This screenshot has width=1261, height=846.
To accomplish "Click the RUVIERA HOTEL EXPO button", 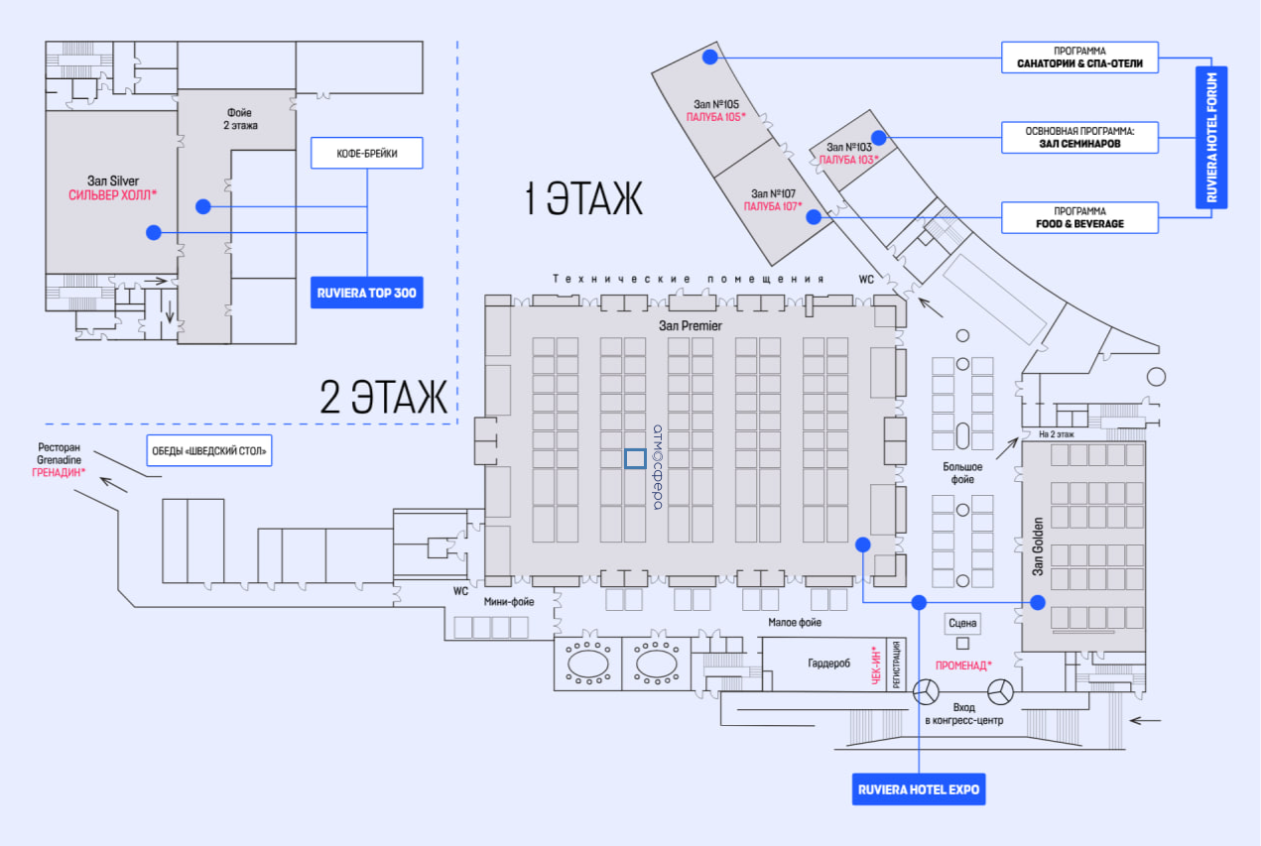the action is click(x=918, y=789).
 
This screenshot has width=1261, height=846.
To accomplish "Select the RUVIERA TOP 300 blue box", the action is click(x=366, y=293).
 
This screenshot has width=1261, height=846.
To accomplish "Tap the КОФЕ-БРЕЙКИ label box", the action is click(x=366, y=153).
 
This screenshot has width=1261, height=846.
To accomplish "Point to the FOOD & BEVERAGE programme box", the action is click(x=1079, y=217).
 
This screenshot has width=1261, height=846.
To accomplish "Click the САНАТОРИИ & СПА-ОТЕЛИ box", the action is click(x=1079, y=58).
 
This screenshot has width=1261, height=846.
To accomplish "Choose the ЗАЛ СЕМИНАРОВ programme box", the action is click(x=1079, y=137).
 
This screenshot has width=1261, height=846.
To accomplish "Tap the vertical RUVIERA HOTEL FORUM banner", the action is click(x=1211, y=137).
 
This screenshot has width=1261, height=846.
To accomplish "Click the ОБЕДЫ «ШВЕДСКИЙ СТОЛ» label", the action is click(x=209, y=450).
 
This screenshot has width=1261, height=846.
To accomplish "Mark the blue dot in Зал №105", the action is click(x=710, y=57).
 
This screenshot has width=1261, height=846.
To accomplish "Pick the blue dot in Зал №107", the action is click(x=813, y=216).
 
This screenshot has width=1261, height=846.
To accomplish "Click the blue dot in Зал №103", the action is click(x=878, y=137).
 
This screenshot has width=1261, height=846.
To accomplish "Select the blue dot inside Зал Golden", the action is click(x=1038, y=602).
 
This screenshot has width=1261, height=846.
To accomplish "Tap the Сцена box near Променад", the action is click(x=962, y=623).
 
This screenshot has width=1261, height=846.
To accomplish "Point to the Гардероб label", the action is click(x=828, y=664).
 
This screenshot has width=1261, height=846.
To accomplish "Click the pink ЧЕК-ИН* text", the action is click(x=876, y=665).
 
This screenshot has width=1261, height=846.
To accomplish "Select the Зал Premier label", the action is click(x=691, y=325).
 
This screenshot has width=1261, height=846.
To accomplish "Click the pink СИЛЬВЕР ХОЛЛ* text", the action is click(x=112, y=195).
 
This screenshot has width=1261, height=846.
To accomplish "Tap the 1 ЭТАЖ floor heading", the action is click(x=583, y=198).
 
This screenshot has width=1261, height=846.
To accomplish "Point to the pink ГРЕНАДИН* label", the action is click(x=59, y=472).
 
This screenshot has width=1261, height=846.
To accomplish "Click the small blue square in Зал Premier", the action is click(x=635, y=458).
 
